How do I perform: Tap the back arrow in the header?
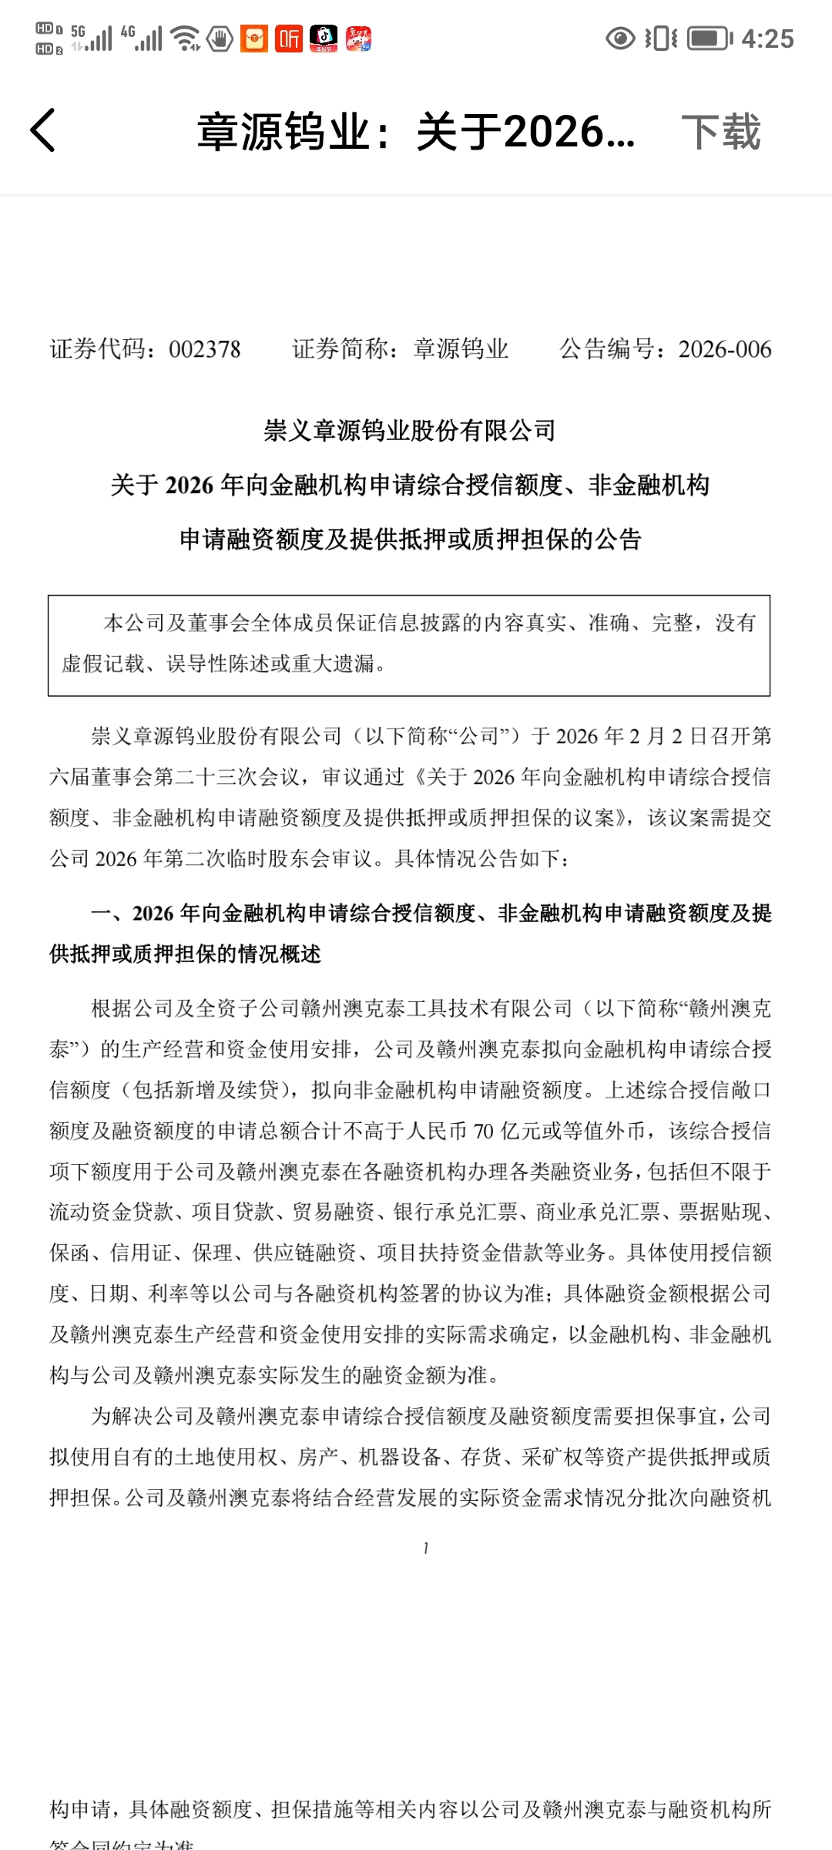pos(43,130)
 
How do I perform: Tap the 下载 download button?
pos(721,132)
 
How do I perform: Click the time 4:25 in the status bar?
pos(767,39)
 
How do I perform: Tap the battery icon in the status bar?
pos(710,39)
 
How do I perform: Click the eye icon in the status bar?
pos(620,39)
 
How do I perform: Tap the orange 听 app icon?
pos(289,39)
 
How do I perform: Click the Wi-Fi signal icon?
pos(186,39)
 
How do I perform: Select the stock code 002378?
pos(205,349)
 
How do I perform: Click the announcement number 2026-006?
pos(725,349)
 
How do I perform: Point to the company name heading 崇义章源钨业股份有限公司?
pos(410,431)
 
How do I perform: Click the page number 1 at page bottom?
pos(426,1548)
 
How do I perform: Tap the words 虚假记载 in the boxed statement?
pos(102,663)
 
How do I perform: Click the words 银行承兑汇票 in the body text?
pos(455,1213)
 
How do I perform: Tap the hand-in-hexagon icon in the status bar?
pos(220,39)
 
